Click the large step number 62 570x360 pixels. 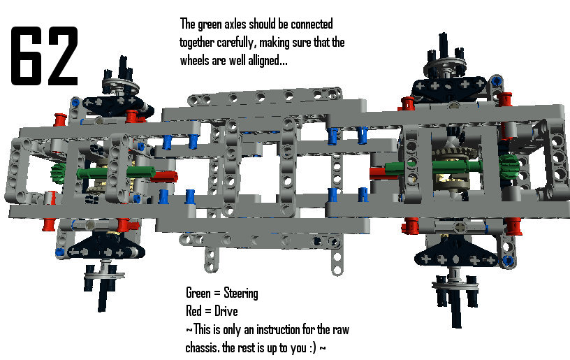45,56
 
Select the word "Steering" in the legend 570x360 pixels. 241,293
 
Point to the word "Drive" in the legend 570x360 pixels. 226,311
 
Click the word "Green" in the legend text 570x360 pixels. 198,293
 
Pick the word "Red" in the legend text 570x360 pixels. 193,311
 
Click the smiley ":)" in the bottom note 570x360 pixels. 313,348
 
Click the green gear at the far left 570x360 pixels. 58,173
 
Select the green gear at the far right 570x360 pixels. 509,166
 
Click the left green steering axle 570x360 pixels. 115,173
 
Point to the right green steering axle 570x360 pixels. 434,166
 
